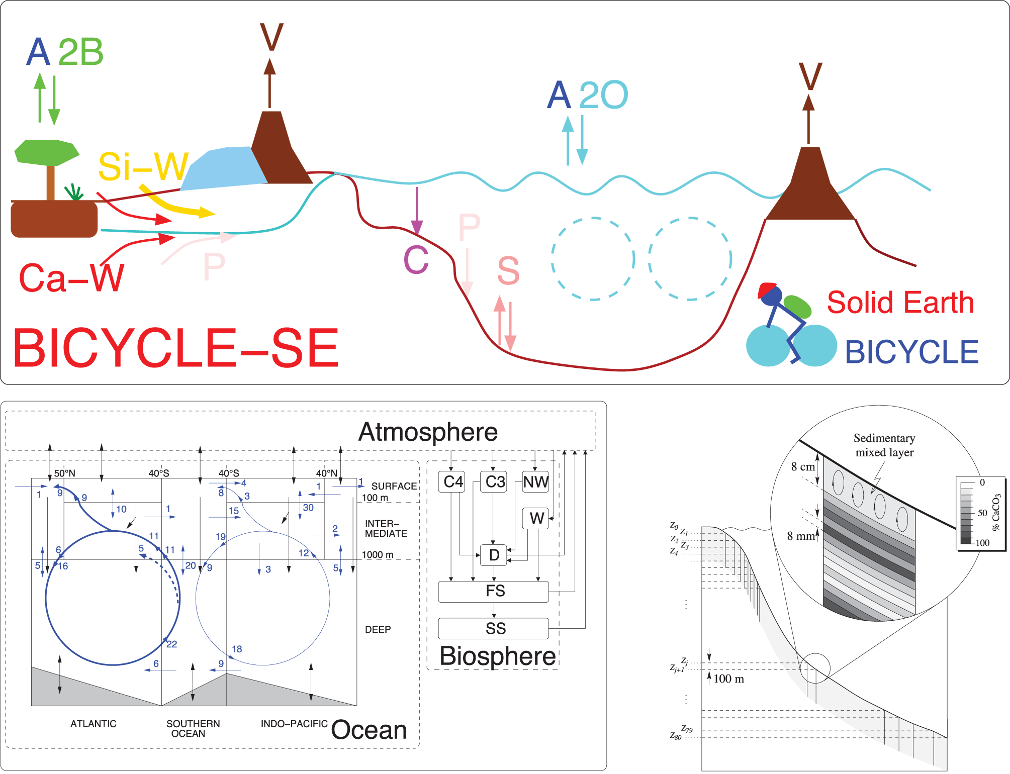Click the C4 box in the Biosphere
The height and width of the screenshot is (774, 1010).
pos(452,481)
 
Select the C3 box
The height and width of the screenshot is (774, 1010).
pos(494,481)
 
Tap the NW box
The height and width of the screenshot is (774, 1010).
pos(535,481)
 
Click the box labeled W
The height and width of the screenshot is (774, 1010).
pos(536,518)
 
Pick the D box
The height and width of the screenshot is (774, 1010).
pos(494,555)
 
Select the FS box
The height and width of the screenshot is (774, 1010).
pos(494,592)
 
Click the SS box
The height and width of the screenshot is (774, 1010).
pos(494,628)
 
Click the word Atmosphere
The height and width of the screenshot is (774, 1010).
pos(428,432)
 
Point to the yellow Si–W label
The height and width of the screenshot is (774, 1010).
pos(144,166)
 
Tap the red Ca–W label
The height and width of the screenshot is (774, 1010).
pos(71,278)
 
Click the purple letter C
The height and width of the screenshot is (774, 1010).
pos(416,260)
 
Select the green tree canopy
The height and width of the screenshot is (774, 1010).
pos(46,152)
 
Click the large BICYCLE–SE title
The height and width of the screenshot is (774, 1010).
pos(175,348)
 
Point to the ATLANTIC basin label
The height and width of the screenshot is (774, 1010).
pos(94,724)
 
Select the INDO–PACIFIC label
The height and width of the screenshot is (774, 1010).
pos(294,724)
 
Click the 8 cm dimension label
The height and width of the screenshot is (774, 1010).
pos(803,466)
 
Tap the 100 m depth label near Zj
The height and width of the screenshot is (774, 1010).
pos(728,679)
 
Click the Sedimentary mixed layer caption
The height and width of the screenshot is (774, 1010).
pos(884,445)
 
